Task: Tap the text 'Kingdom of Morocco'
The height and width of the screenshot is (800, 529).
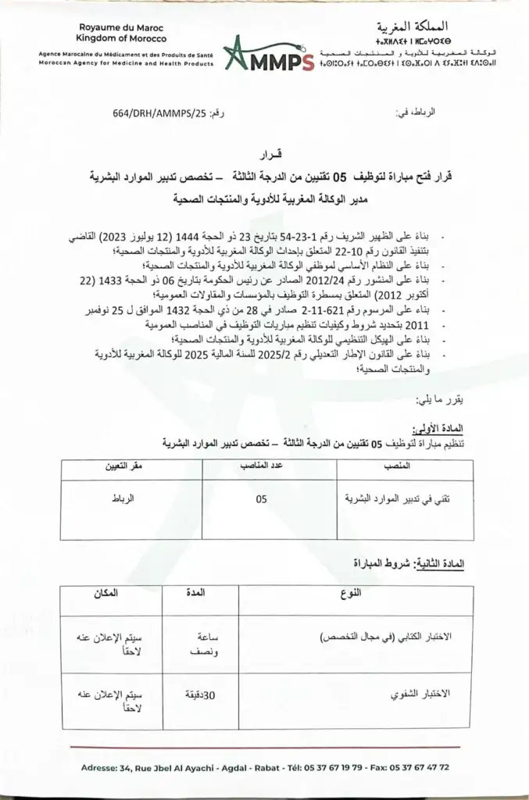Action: coord(111,37)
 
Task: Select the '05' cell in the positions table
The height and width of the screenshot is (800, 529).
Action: coord(260,498)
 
